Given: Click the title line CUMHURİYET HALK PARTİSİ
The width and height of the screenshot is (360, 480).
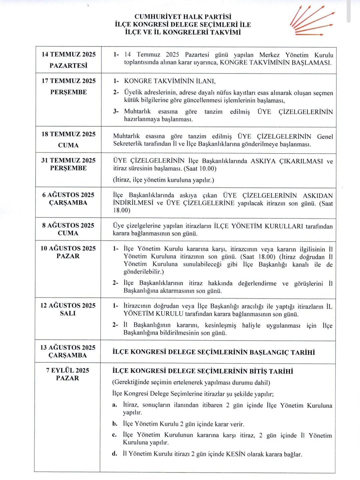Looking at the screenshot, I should (x=183, y=17).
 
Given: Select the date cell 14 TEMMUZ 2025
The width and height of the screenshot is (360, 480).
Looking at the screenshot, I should (x=68, y=54).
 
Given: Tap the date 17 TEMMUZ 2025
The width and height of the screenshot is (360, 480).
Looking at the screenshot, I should (x=68, y=81).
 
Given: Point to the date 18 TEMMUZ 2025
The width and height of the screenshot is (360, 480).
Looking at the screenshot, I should (x=68, y=134).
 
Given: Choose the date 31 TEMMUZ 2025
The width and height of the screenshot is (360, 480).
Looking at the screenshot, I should (x=68, y=160).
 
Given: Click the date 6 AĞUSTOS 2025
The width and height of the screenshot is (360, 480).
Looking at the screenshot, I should (x=68, y=195).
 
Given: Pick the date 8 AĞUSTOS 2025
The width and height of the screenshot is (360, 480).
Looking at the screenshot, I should (x=68, y=225).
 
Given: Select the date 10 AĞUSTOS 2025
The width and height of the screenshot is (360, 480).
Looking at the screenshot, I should (x=68, y=248).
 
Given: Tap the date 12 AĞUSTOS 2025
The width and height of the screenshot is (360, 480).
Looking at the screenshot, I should (x=68, y=305).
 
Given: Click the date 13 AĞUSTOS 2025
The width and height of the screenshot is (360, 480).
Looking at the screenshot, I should (x=68, y=347).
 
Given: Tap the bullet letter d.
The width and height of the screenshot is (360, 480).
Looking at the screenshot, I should (x=115, y=454).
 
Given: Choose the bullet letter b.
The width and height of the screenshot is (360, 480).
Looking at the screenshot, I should (x=115, y=424).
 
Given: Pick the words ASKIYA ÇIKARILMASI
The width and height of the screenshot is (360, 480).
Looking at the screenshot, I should (x=287, y=161).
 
